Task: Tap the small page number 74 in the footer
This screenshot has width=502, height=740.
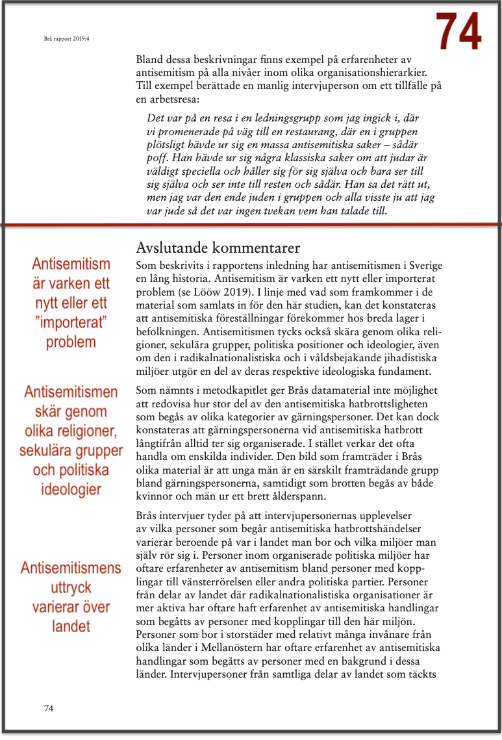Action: click(x=49, y=708)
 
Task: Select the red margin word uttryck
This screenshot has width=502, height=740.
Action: click(x=71, y=588)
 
